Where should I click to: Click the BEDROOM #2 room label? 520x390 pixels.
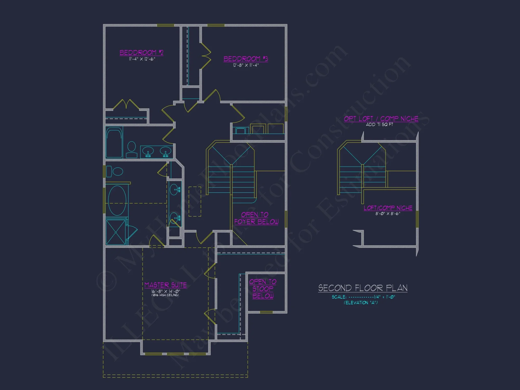(x=141, y=53)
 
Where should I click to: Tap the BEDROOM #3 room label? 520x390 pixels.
(x=246, y=59)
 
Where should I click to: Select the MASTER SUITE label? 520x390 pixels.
(x=166, y=285)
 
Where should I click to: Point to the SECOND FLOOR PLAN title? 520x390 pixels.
(x=363, y=288)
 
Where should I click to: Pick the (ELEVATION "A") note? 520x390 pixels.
(x=361, y=303)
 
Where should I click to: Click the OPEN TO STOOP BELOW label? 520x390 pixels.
(x=263, y=289)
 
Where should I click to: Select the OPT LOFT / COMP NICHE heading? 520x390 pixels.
(x=381, y=119)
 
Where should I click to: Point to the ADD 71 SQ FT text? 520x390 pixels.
(x=379, y=125)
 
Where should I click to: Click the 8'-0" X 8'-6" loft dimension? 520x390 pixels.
(x=388, y=214)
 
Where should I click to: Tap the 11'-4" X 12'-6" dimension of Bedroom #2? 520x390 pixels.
(x=142, y=59)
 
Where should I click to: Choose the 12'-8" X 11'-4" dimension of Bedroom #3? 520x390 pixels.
(x=246, y=65)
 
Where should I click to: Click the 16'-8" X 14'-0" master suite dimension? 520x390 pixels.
(x=166, y=291)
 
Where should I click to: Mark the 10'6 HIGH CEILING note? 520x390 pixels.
(x=165, y=295)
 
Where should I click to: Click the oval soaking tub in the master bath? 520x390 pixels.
(x=117, y=200)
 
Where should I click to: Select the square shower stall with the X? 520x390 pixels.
(x=116, y=232)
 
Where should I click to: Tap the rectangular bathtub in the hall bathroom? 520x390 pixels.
(x=114, y=142)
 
